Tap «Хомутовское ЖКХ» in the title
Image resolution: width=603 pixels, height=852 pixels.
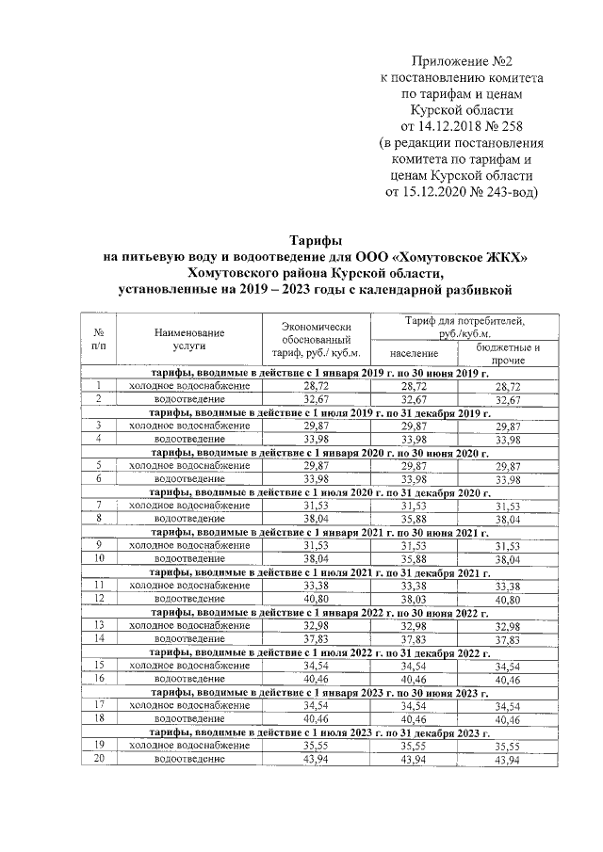tap(441, 257)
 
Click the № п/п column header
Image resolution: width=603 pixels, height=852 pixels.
tap(99, 340)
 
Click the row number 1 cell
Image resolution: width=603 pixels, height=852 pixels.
tap(99, 386)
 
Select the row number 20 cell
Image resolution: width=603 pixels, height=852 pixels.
tap(99, 757)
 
